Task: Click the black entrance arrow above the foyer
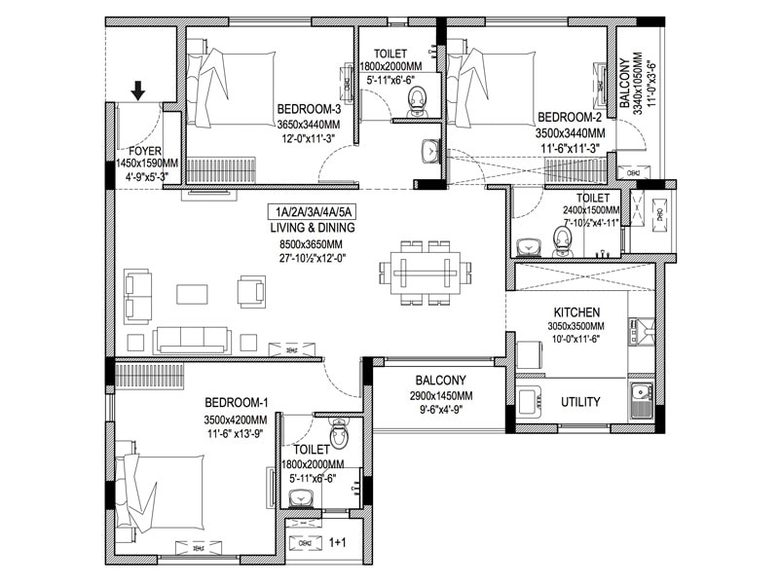pos(138,91)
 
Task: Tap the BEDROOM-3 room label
pos(308,108)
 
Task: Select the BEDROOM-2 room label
pos(571,117)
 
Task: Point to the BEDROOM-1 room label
pos(237,403)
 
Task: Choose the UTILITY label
pos(580,402)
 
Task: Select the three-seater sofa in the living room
pos(192,339)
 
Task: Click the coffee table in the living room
pos(191,292)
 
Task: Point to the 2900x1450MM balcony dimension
pos(441,396)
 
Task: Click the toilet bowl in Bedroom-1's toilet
pos(339,431)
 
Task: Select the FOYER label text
pos(145,151)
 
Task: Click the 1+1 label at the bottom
pos(337,542)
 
